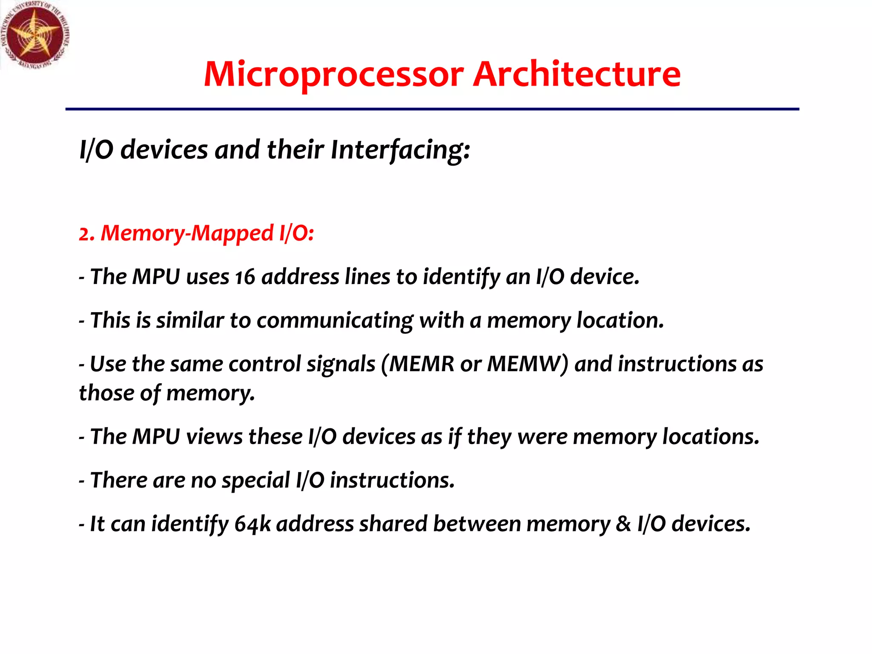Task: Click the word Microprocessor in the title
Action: tap(333, 75)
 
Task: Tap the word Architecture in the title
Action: tap(577, 75)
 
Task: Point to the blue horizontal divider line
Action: tap(432, 109)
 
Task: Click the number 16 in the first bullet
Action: tap(245, 277)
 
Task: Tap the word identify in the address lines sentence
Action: tap(462, 277)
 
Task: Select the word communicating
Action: tap(335, 321)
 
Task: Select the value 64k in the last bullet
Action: tap(252, 524)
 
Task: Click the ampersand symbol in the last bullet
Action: tap(623, 524)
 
